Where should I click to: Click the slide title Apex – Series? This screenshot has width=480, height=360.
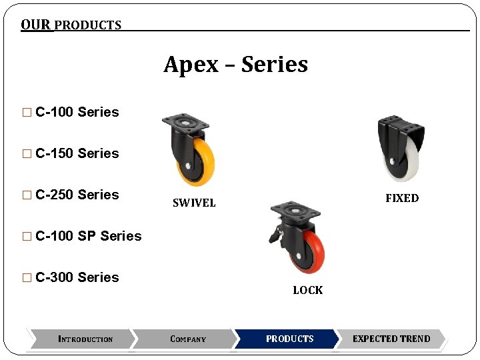pos(236,65)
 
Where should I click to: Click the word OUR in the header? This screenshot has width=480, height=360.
pos(35,25)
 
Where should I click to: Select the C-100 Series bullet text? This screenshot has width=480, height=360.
pos(77,112)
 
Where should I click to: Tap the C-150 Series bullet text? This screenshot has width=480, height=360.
pos(77,153)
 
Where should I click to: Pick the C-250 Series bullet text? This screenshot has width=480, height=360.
pos(77,195)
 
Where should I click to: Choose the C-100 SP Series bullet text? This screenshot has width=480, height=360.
pos(89,236)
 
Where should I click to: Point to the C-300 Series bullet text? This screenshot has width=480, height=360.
pos(77,277)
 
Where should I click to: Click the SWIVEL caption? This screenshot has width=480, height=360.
pos(194,203)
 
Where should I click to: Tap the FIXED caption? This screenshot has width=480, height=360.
pos(402,198)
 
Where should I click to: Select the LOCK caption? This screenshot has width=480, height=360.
pos(307,290)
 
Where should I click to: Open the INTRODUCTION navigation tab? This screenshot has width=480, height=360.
pos(85,339)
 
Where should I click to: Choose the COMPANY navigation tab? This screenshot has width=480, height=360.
pos(188,339)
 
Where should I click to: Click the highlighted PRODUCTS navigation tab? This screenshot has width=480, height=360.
pos(289,339)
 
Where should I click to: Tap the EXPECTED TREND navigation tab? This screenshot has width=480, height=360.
pos(391,339)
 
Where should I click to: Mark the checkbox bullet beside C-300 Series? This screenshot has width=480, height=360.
pos(27,278)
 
